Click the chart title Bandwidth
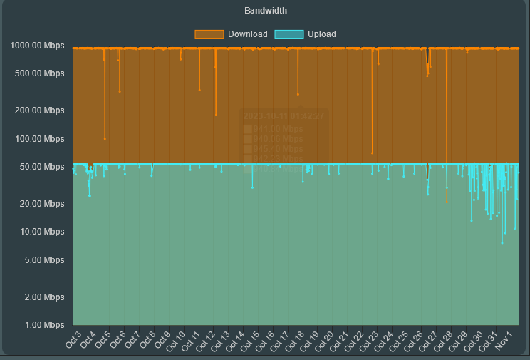click(x=265, y=11)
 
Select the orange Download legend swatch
click(x=209, y=34)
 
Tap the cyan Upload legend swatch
click(x=289, y=34)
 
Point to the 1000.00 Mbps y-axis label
click(x=37, y=46)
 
